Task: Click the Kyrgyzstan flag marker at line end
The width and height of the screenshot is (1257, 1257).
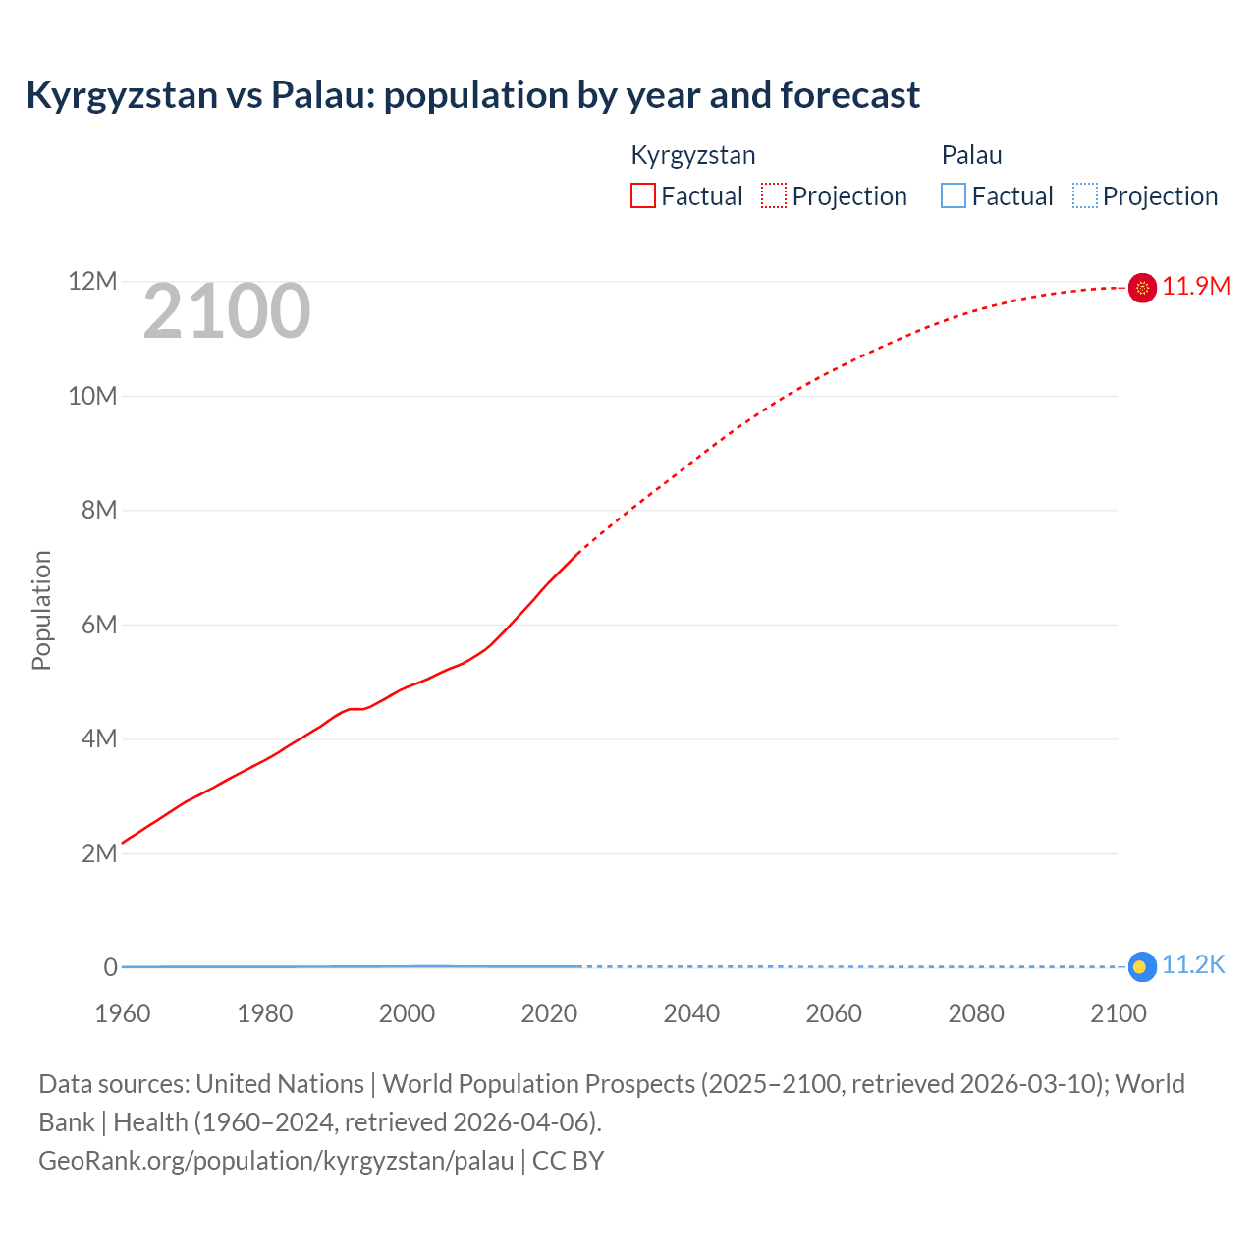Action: pos(1142,288)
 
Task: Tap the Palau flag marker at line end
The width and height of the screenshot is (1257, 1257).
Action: pos(1141,967)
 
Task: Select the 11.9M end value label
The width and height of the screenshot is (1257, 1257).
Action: pos(1196,286)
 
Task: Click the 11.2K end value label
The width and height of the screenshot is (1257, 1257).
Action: pos(1193,965)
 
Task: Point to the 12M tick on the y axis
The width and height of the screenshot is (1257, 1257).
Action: pos(92,282)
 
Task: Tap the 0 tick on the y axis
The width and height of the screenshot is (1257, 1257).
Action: pos(110,967)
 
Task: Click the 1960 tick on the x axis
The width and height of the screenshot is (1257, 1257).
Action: pos(123,1013)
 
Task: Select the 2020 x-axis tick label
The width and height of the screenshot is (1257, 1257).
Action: pos(549,1013)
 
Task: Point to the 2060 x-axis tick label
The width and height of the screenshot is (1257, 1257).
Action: pos(834,1013)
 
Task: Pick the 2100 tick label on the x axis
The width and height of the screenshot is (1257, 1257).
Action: pos(1118,1013)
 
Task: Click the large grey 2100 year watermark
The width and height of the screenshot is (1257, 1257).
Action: pos(227,312)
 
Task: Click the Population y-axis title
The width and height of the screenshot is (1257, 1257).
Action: pos(41,611)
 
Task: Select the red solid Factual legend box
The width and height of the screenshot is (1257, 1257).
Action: pos(643,196)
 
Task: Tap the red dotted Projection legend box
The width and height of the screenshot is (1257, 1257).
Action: pos(774,196)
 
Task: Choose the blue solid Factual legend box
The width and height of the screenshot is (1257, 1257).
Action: pos(954,196)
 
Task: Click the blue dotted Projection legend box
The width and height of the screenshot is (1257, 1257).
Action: pos(1085,196)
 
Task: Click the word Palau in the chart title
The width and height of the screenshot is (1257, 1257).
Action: pos(321,95)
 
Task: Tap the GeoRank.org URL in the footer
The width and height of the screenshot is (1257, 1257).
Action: pos(276,1161)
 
